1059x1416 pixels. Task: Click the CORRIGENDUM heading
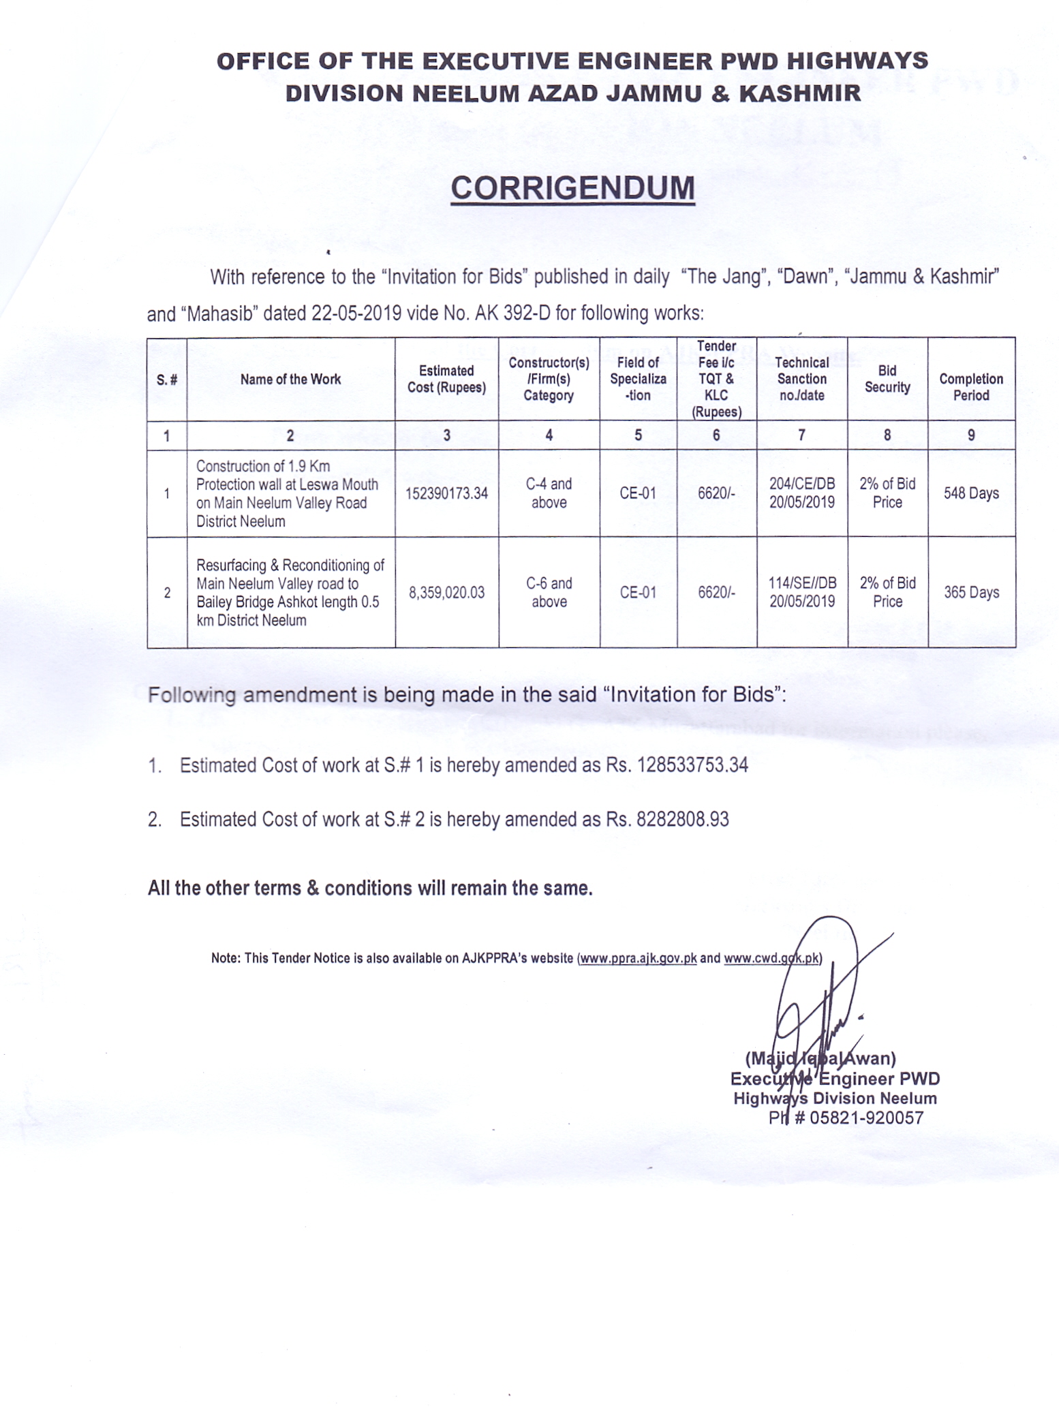point(572,188)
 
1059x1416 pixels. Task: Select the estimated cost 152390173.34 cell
point(446,493)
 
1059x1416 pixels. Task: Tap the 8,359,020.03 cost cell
point(446,593)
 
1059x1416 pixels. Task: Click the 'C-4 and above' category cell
point(549,493)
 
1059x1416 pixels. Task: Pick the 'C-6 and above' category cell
point(549,593)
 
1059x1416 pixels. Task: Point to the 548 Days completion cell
point(971,493)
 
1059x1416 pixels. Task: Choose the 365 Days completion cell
point(971,593)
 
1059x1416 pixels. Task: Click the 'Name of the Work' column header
point(290,380)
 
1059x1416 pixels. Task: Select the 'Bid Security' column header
point(887,380)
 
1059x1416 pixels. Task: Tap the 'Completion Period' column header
point(971,387)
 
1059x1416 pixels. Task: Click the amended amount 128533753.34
point(692,766)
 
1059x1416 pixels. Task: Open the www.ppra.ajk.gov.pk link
point(638,958)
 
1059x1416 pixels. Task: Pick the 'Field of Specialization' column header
point(638,380)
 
